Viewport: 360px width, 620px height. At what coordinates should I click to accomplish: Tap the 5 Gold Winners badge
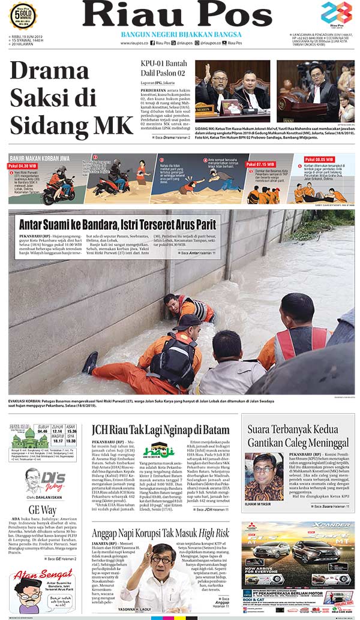pos(23,14)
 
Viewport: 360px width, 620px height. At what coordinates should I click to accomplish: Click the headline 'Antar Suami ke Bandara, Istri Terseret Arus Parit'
pos(119,224)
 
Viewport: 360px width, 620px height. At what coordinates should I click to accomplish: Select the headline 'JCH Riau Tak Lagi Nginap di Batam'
pos(160,429)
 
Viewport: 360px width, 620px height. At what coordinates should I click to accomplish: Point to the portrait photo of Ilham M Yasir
pos(264,477)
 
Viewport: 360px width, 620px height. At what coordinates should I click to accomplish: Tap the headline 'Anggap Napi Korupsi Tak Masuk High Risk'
pos(160,532)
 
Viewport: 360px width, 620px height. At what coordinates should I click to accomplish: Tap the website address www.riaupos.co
pos(133,43)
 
